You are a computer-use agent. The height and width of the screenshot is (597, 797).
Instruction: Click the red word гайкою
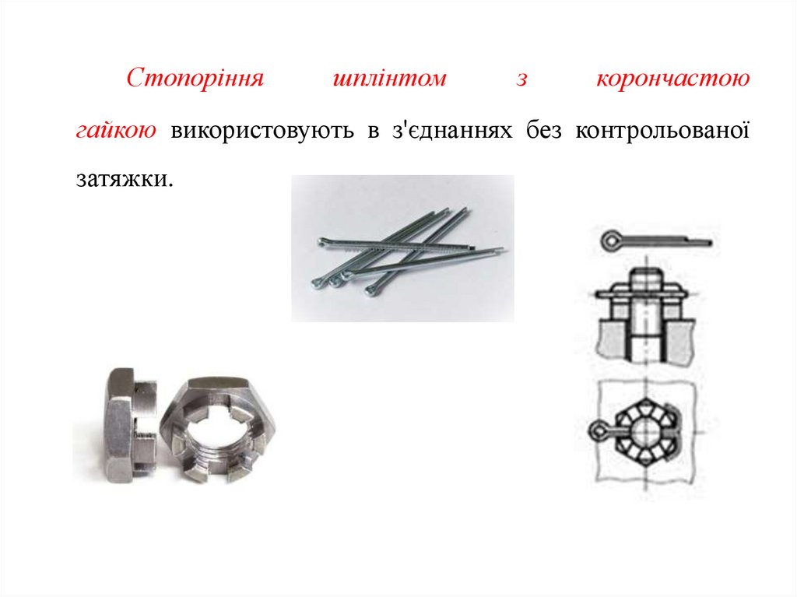(x=116, y=130)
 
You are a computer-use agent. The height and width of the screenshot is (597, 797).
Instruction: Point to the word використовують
(x=262, y=131)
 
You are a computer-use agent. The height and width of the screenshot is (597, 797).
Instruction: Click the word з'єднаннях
(x=452, y=130)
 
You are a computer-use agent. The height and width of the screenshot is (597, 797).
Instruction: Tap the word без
(x=544, y=130)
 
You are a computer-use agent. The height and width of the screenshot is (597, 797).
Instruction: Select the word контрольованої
(x=662, y=130)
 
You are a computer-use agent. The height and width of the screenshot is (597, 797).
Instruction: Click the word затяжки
(x=125, y=179)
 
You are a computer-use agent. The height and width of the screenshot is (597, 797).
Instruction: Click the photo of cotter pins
(x=402, y=248)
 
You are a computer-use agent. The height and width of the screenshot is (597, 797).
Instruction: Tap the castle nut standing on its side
(x=132, y=425)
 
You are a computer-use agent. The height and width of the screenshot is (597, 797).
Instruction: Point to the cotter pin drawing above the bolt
(x=656, y=240)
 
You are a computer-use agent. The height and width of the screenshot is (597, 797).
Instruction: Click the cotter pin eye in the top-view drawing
(x=599, y=432)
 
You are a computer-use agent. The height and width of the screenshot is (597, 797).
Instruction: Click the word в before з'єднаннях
(x=374, y=132)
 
